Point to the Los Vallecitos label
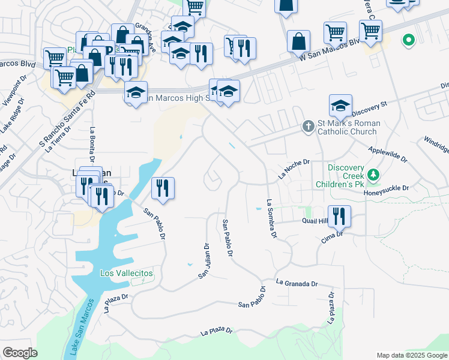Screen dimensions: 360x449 click(x=126, y=273)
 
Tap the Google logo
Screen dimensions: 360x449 click(x=20, y=353)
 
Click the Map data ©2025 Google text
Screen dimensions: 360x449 click(x=411, y=355)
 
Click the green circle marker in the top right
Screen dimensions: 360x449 click(x=409, y=41)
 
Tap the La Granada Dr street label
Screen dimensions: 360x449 click(x=296, y=283)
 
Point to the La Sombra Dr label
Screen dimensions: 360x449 click(x=271, y=220)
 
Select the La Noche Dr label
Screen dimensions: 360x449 click(x=294, y=169)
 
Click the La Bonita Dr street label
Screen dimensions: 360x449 click(x=92, y=145)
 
